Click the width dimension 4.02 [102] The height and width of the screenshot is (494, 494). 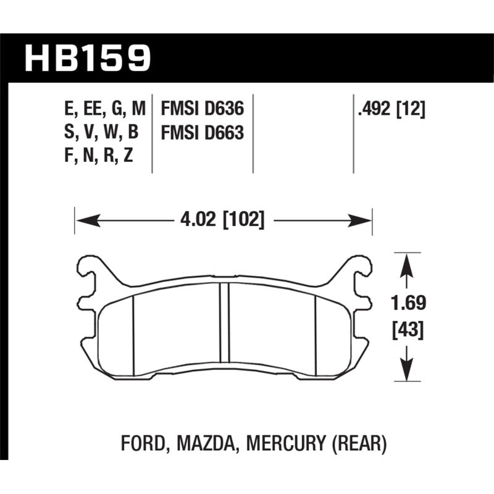pos(223,219)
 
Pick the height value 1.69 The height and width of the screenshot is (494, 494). pos(408,304)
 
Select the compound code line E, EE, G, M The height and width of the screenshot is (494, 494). pos(104,109)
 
